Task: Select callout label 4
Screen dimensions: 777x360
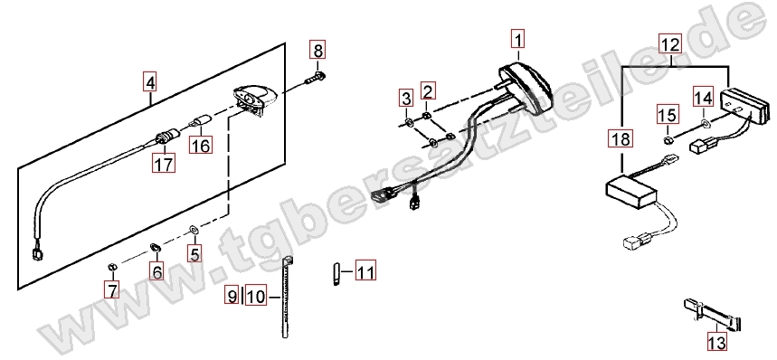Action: (x=149, y=81)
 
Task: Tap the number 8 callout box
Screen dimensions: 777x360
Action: (x=317, y=50)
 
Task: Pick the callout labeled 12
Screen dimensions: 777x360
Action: (x=670, y=43)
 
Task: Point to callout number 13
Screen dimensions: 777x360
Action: (x=717, y=342)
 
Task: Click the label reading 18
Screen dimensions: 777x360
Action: (x=621, y=138)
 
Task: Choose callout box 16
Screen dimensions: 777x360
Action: (x=201, y=145)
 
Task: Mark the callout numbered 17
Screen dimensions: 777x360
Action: (x=164, y=164)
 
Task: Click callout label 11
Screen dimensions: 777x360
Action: (x=365, y=271)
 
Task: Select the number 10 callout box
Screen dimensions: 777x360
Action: (x=256, y=297)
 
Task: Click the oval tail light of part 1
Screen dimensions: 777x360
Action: (x=526, y=82)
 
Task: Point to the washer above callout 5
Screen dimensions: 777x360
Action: (x=193, y=231)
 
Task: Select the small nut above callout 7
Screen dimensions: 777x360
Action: (x=112, y=268)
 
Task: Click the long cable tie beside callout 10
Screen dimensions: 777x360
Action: (x=286, y=297)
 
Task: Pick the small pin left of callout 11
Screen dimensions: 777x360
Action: (x=335, y=273)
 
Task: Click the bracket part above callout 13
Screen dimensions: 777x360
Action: (x=712, y=314)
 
